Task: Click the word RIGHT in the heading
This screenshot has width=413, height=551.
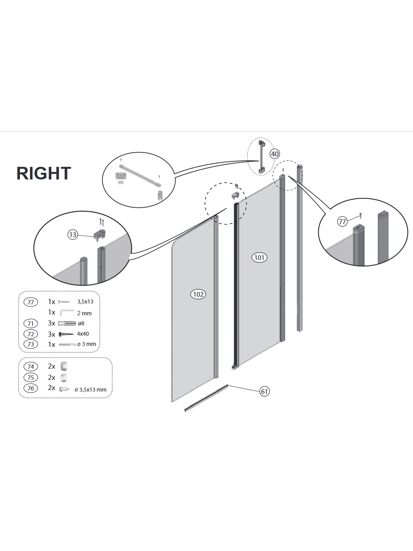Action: pos(44,173)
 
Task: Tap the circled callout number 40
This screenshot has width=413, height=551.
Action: pos(275,154)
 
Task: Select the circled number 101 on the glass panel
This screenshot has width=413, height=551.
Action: pos(259,258)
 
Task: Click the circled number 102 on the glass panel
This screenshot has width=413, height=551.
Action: pos(198,294)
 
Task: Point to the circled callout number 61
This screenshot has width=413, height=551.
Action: pos(265,391)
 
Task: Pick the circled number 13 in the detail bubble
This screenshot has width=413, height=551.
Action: pos(73,235)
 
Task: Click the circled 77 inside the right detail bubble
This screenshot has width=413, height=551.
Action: pos(342,222)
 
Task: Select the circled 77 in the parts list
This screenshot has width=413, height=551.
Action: pos(31,302)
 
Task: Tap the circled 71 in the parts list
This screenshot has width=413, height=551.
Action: pos(31,323)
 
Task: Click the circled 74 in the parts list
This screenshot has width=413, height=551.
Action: pos(31,367)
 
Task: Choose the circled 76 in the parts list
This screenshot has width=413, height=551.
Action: pos(31,388)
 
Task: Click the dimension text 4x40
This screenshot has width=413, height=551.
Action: pos(83,334)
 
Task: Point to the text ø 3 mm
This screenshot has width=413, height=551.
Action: pos(86,344)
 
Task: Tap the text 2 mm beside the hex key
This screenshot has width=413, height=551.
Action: pos(84,313)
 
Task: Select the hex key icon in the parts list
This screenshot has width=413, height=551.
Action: pos(67,312)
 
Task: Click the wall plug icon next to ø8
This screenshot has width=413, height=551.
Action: pos(67,323)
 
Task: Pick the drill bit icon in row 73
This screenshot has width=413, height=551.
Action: pos(67,345)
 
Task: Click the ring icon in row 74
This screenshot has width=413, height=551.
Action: pos(64,367)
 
